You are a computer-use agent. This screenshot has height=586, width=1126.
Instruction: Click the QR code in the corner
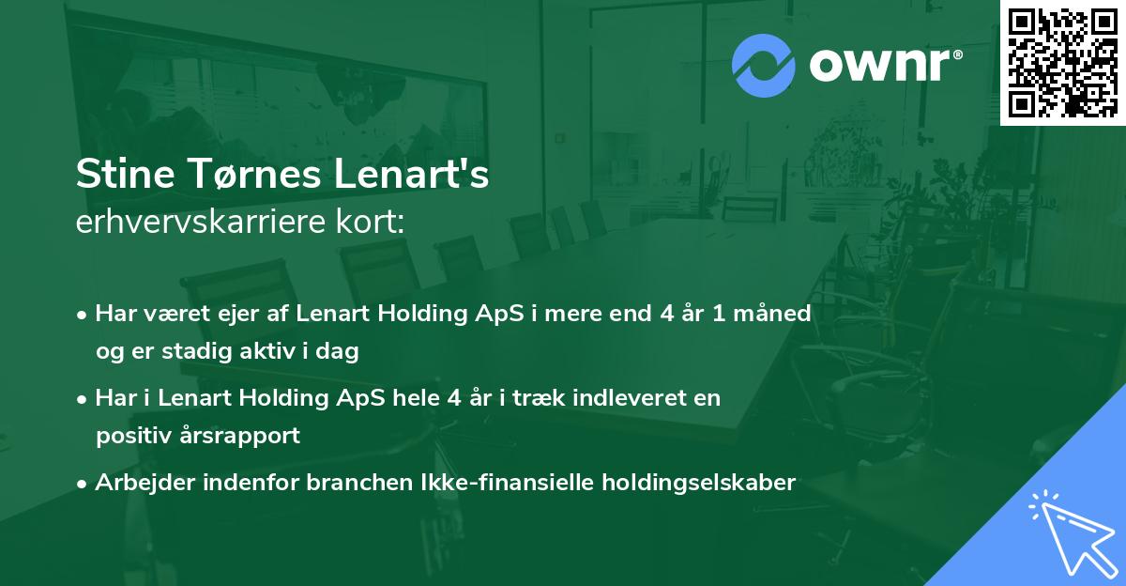1062,63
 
